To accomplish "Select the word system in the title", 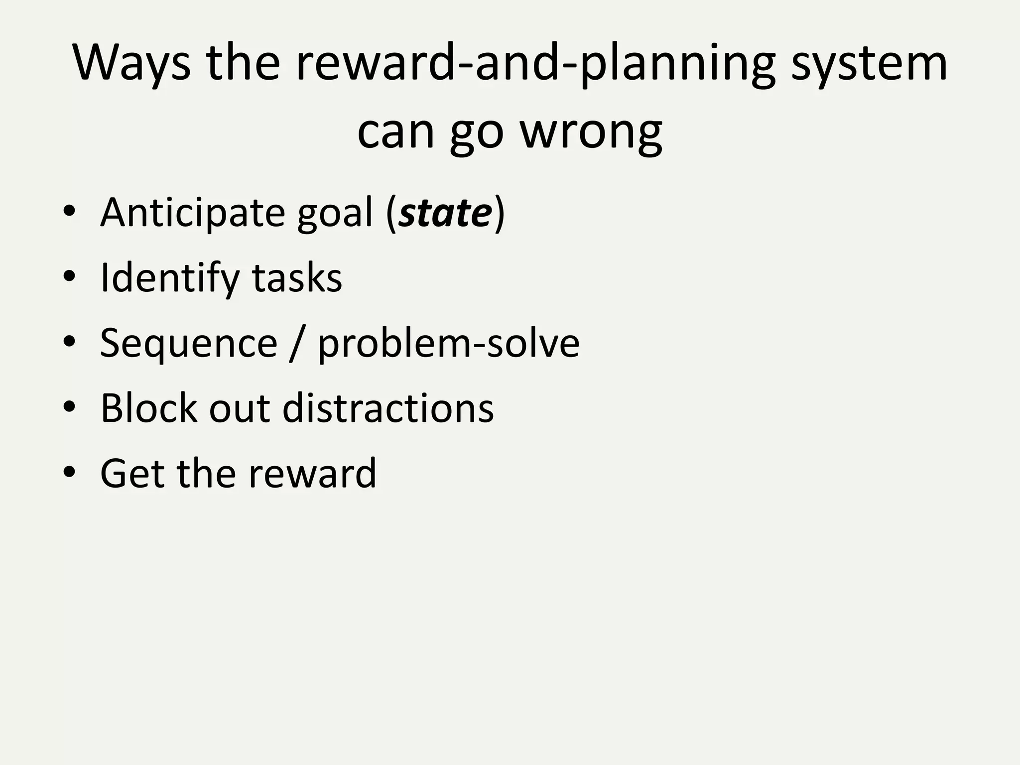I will tap(869, 64).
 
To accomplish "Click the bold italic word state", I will tap(446, 213).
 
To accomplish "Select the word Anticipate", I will tap(192, 213).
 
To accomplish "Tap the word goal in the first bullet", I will tap(335, 213).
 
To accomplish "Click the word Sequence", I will tap(188, 343).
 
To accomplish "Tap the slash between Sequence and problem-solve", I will tap(297, 343).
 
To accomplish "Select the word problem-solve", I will tap(448, 343).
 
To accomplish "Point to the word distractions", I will tap(387, 408).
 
